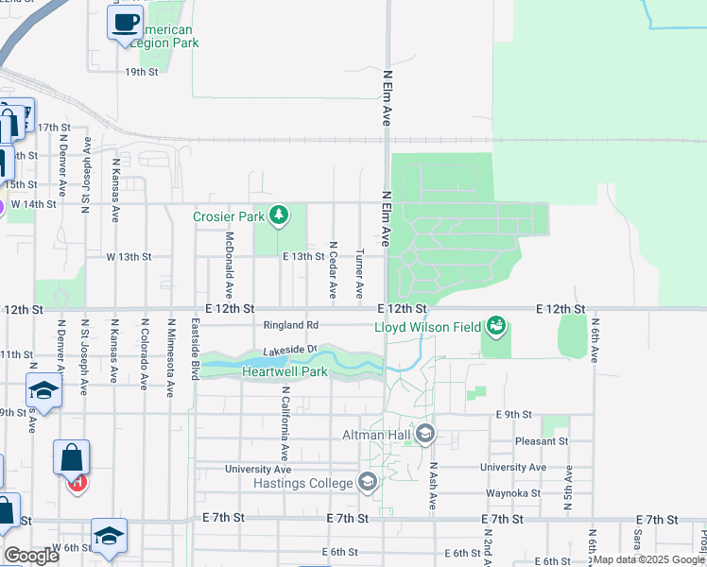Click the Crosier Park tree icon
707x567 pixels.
[x=278, y=216]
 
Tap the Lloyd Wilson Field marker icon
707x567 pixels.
[x=496, y=327]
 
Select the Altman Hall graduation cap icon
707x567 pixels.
[x=424, y=434]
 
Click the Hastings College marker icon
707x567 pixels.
[x=368, y=484]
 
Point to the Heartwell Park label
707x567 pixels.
[x=285, y=371]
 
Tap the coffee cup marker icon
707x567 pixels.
[x=125, y=24]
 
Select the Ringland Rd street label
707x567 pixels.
[x=291, y=325]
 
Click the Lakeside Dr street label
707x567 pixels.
[x=289, y=350]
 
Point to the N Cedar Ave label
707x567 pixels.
[x=333, y=271]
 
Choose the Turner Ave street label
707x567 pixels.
[x=359, y=275]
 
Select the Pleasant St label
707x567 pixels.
[x=542, y=440]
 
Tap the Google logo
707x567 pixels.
[x=31, y=556]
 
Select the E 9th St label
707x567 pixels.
[x=510, y=414]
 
